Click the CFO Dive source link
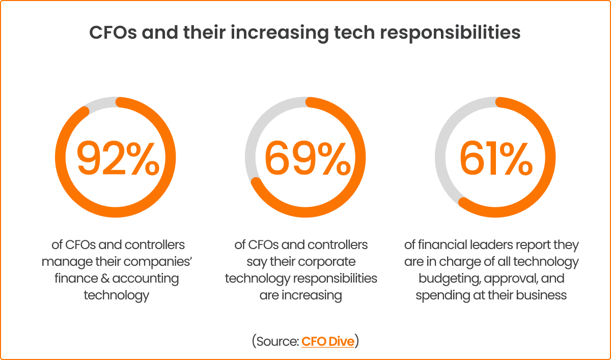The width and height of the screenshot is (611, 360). point(327,341)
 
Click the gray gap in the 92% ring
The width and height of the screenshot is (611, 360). point(100,102)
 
